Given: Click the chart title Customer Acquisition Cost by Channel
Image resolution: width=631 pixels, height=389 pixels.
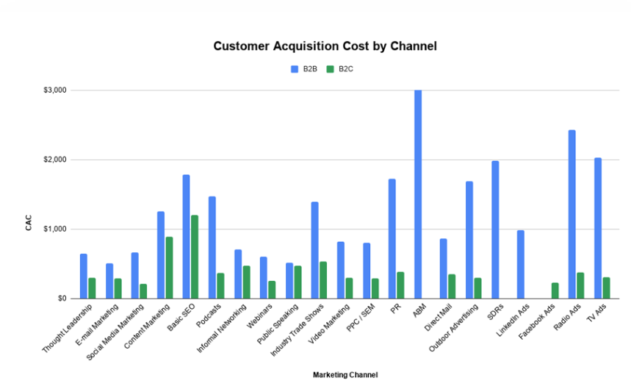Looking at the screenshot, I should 325,46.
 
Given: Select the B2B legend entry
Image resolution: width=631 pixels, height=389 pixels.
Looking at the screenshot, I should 304,69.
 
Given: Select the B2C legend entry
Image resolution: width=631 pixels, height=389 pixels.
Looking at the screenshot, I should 339,69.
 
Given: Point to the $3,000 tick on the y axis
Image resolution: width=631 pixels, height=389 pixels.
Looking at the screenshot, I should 55,90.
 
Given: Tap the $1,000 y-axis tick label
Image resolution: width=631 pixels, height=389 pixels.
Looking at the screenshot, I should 55,229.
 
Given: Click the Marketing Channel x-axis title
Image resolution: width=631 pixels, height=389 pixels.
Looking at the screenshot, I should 345,375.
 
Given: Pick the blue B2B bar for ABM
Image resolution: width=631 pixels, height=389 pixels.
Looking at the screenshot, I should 418,194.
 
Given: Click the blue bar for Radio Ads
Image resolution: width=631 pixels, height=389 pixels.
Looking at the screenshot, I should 571,214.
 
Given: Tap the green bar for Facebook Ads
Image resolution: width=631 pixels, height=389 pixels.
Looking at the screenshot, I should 555,290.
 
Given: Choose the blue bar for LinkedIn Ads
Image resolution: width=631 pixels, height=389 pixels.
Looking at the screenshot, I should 520,264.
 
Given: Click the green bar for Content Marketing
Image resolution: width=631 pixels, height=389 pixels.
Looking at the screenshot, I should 169,268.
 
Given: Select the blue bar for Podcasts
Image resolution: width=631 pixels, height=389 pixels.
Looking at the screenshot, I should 212,247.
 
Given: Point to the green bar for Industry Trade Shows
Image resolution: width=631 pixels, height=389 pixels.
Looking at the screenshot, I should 323,280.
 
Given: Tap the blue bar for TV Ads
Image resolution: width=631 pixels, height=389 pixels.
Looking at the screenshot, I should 597,228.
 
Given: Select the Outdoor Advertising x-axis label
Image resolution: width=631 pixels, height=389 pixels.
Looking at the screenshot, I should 452,329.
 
